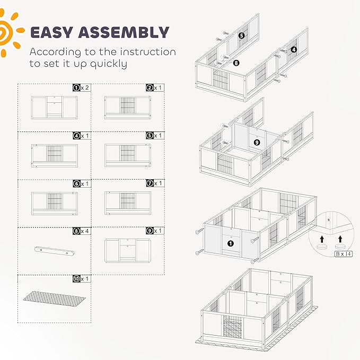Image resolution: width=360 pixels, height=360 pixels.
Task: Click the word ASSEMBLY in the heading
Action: [x=124, y=32]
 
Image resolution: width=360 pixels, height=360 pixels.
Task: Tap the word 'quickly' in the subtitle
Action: [x=108, y=64]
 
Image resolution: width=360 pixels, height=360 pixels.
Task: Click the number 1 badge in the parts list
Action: [x=76, y=87]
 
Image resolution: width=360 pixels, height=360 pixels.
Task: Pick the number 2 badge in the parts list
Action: [x=150, y=87]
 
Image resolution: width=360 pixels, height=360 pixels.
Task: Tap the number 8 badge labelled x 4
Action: [x=76, y=231]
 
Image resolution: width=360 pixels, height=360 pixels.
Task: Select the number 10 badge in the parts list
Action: [x=76, y=279]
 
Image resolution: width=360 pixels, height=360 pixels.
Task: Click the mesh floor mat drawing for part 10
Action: [x=55, y=298]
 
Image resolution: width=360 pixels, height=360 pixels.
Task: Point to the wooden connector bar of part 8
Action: [x=55, y=251]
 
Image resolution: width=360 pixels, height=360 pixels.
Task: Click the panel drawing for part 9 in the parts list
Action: [x=128, y=250]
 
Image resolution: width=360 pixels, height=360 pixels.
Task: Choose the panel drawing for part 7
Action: [x=128, y=203]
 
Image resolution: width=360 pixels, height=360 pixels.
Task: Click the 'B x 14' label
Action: [x=343, y=254]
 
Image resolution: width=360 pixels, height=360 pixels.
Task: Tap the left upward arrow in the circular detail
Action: [x=322, y=239]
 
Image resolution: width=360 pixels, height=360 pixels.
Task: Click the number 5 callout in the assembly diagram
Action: [x=241, y=36]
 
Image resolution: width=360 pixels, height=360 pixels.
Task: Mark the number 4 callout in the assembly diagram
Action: [x=294, y=49]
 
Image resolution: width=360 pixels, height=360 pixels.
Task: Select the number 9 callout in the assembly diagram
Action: [x=257, y=142]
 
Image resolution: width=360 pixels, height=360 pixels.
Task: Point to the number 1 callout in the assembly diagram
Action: [x=231, y=243]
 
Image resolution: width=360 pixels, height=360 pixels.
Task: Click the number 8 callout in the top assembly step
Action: [x=236, y=63]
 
